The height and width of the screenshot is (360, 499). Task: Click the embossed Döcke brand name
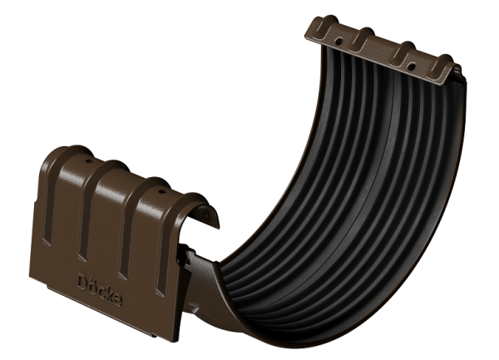[x=100, y=290]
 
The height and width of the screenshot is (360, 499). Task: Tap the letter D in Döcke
[x=82, y=283]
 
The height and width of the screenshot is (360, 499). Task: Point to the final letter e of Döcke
[x=118, y=300]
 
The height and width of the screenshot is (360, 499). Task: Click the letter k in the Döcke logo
[x=109, y=294]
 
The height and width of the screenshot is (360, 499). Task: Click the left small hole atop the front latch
[x=89, y=161]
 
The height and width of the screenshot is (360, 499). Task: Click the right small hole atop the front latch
[x=162, y=192]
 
